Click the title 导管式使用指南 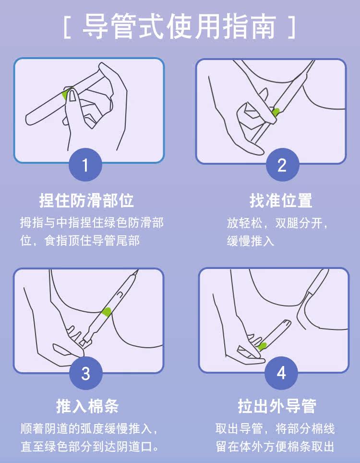coord(179,27)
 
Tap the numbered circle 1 coord(85,164)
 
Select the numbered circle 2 coord(282,164)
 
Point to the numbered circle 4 coord(281,373)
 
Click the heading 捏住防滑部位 coord(86,200)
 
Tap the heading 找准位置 coord(281,200)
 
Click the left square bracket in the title coord(67,27)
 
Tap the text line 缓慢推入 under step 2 coord(251,241)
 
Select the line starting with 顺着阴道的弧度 coord(89,428)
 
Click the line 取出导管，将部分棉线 coord(275,428)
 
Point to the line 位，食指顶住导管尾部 coord(80,241)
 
